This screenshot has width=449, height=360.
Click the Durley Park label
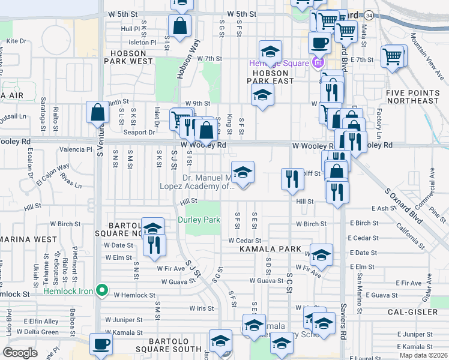point(199,220)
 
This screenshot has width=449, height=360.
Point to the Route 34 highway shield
point(369,14)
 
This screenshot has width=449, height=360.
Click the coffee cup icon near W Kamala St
point(101,344)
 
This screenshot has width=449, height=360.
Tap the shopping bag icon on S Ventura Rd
point(97,111)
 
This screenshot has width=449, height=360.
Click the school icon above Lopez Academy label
point(243,172)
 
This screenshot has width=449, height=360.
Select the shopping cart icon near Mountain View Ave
point(393,58)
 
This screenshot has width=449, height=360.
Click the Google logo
point(20,352)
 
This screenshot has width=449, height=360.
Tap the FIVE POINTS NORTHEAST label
point(412,97)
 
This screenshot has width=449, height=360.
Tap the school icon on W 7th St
point(270,51)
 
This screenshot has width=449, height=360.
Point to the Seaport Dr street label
point(139,133)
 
